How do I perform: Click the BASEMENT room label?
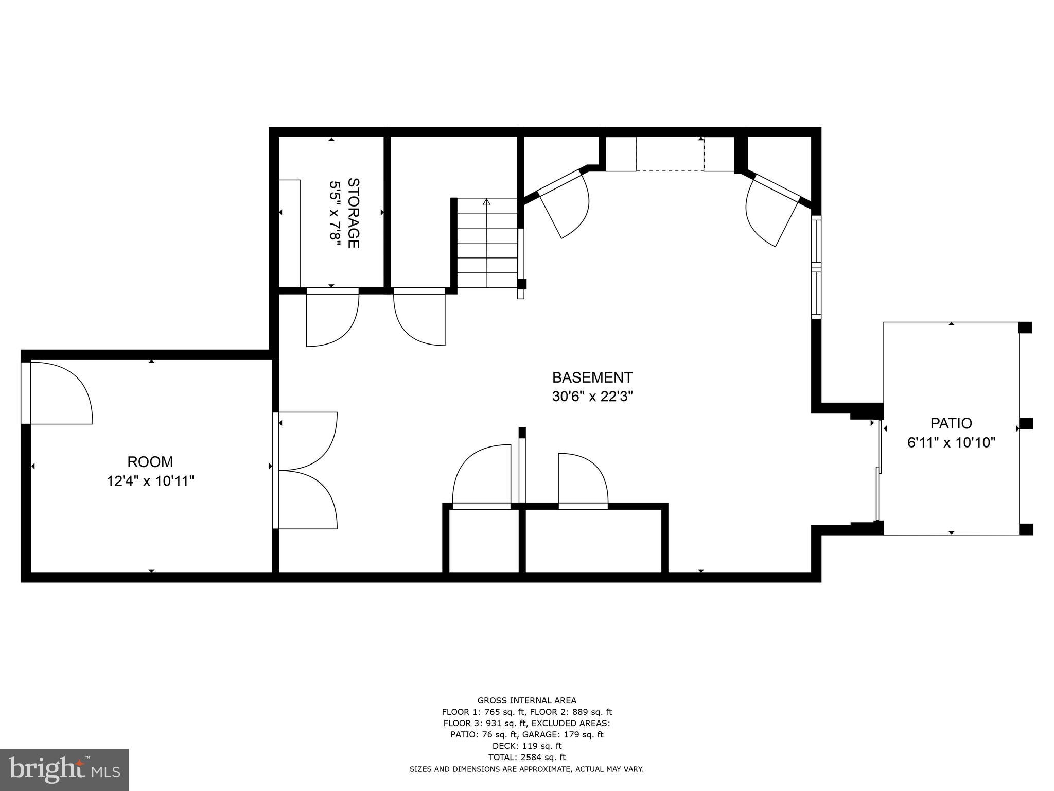(592, 377)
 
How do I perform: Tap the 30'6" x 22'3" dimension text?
(592, 397)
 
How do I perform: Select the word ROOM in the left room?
(150, 461)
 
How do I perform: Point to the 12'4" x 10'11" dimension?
(150, 481)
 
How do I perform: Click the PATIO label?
(951, 423)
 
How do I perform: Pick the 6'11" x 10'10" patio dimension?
(951, 442)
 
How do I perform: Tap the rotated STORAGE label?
(354, 213)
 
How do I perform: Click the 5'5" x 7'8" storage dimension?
(335, 213)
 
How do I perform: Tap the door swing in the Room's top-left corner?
(59, 392)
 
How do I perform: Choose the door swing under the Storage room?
(331, 317)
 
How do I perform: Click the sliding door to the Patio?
(879, 471)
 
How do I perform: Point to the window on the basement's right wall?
(816, 266)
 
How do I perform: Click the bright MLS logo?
(64, 769)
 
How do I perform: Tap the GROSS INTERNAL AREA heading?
(526, 700)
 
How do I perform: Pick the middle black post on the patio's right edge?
(1026, 423)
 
